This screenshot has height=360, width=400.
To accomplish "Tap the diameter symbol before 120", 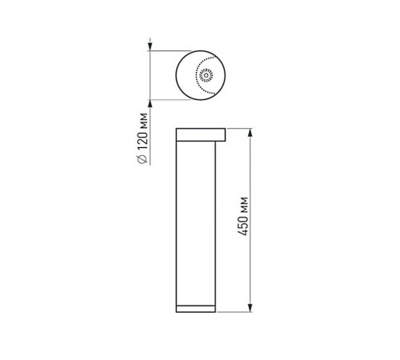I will click(x=142, y=160).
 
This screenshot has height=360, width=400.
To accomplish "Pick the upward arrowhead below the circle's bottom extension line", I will click(x=150, y=105).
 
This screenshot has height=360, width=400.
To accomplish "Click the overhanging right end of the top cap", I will click(x=222, y=134).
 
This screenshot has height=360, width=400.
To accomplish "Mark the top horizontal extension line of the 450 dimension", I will click(x=240, y=127).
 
